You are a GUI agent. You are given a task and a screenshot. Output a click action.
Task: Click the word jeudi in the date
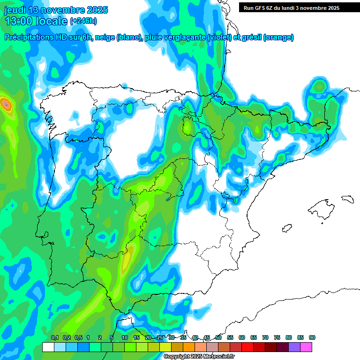click(x=15, y=10)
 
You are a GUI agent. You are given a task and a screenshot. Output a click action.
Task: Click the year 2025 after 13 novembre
click(x=97, y=10)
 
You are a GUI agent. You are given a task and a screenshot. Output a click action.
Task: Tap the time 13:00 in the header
click(x=20, y=21)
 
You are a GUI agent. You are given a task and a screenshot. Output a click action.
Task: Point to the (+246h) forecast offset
click(x=83, y=21)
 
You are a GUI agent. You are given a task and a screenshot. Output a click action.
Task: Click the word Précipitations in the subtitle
click(x=28, y=37)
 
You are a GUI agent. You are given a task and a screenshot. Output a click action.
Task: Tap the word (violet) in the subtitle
click(x=219, y=37)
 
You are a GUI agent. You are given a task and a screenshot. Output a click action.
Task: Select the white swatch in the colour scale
click(x=48, y=347)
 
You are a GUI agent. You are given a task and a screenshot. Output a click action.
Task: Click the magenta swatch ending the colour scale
click(x=306, y=347)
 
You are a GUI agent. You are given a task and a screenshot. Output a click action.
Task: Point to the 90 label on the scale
click(x=312, y=337)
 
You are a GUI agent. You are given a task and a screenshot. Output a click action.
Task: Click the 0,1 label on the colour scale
click(x=54, y=337)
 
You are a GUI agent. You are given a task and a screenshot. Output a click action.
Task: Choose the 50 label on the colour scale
click(x=218, y=337)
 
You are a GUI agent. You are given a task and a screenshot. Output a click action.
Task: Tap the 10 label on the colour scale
click(x=125, y=337)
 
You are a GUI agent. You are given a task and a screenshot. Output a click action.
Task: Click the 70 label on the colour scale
click(x=265, y=337)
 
